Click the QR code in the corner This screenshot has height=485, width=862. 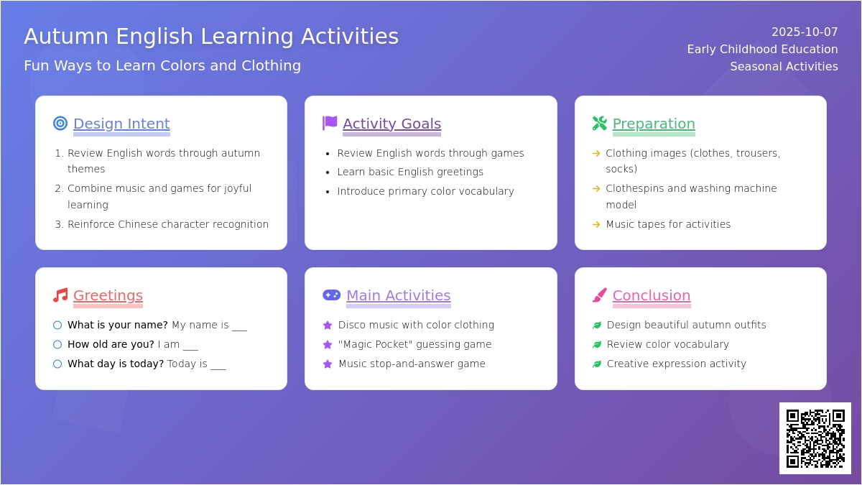815,438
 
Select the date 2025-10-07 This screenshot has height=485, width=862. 805,32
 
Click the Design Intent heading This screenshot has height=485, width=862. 121,124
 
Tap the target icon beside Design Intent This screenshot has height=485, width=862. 60,123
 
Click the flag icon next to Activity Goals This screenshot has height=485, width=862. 330,123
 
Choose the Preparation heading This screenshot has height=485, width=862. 654,124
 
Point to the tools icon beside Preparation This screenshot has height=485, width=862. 600,123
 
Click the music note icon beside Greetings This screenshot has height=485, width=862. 60,295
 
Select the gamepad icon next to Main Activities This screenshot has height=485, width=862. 331,295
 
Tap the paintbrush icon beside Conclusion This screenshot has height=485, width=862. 600,295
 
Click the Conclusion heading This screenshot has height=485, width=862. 652,295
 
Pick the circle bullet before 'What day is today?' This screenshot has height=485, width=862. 57,364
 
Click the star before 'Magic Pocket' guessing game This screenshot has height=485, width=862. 328,344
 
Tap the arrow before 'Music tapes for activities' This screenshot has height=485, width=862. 596,224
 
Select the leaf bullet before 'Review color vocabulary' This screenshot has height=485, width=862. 597,344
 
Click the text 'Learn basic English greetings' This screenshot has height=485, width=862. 410,172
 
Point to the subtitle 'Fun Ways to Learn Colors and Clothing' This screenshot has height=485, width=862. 162,66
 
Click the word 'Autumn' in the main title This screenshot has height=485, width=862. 66,37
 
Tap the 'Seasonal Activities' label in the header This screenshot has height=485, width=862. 784,67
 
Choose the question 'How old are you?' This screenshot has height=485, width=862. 111,344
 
